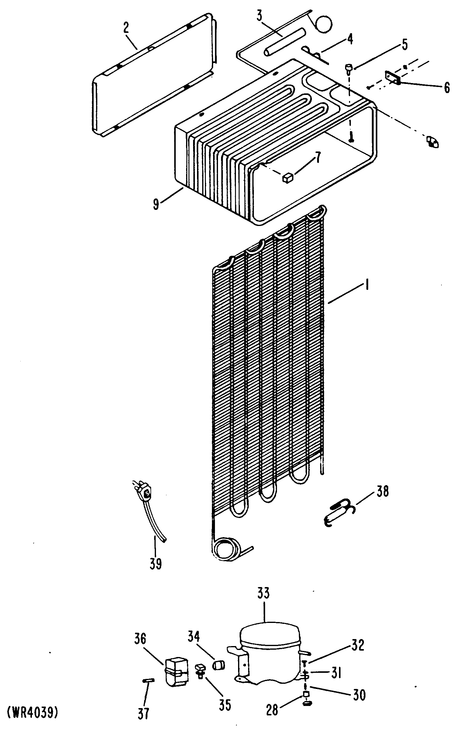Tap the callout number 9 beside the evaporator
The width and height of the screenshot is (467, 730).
pos(156,204)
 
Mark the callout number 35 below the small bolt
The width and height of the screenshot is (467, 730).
pos(225,695)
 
